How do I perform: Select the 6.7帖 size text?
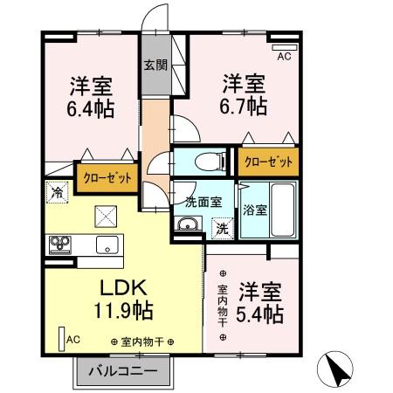pyautogui.click(x=244, y=107)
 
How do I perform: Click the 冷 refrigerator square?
pyautogui.click(x=57, y=190)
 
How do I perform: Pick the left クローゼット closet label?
pyautogui.click(x=108, y=177)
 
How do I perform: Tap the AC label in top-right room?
pyautogui.click(x=284, y=57)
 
